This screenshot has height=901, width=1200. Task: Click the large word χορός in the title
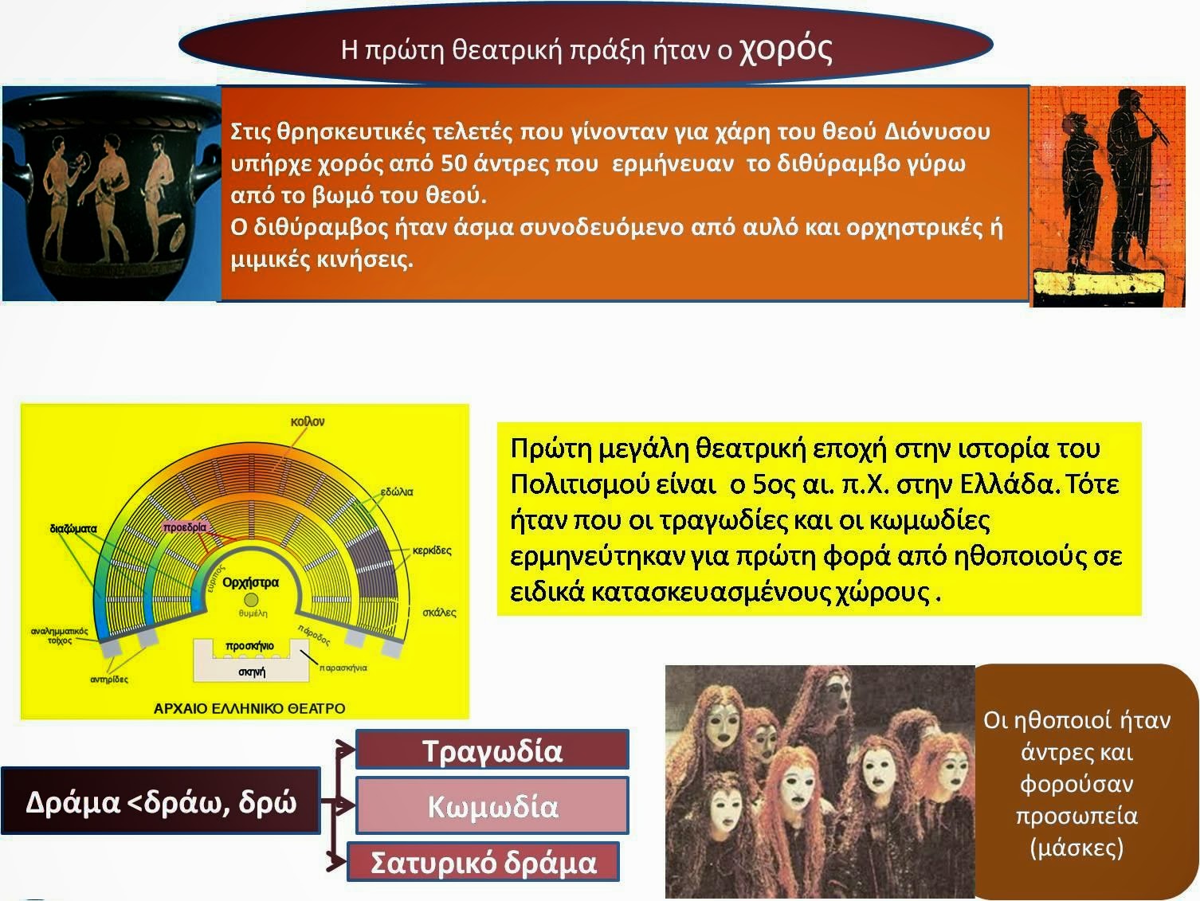click(x=786, y=50)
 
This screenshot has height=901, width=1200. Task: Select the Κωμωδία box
click(x=492, y=805)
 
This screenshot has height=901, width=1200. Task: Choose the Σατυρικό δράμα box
click(x=484, y=862)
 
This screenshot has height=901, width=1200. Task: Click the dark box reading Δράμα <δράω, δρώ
click(x=161, y=801)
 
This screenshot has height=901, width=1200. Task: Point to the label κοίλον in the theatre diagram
click(x=308, y=421)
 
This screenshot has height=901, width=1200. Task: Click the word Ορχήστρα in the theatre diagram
click(x=250, y=582)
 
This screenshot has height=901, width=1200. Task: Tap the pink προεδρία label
click(x=185, y=527)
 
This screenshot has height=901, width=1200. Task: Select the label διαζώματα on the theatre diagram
click(x=73, y=529)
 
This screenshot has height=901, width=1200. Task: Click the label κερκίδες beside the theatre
click(x=432, y=550)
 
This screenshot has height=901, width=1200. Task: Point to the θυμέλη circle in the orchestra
click(x=251, y=600)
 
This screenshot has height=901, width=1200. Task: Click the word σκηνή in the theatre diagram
click(x=252, y=672)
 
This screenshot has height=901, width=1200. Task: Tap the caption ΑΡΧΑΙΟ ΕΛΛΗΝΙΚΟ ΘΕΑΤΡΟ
click(x=249, y=709)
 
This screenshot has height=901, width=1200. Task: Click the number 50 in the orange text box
click(x=453, y=163)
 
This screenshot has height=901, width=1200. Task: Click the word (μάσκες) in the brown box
click(x=1076, y=848)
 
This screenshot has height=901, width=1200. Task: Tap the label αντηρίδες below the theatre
click(x=109, y=680)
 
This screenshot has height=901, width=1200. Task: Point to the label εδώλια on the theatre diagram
click(x=397, y=492)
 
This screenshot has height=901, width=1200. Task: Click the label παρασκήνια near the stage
click(x=343, y=668)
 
